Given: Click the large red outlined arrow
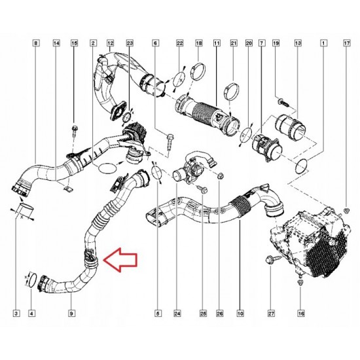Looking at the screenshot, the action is coord(120,260).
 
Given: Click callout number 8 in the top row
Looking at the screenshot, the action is coord(35,43).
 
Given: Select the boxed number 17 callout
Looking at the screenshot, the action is coord(347,43).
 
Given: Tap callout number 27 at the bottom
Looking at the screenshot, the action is coord(271,313).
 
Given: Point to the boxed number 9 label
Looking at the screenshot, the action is coord(71,313).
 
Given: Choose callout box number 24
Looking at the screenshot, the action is coord(177,313).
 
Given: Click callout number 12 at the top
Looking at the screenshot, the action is coord(110,43).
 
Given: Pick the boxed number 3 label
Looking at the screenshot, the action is coord(16,313).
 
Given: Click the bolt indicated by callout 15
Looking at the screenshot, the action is coord(75,131).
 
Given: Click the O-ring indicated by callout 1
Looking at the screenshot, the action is coord(302,167).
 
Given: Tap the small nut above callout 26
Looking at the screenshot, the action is coord(220,176).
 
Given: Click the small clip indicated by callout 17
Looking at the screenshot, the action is coord(347,210).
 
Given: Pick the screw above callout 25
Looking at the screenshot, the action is coord(203,190).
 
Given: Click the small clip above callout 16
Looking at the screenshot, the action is coord(300,283).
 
